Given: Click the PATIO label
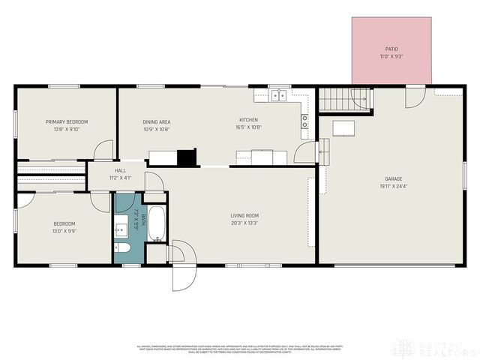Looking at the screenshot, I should pos(391,49).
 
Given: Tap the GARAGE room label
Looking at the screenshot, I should pos(393,178).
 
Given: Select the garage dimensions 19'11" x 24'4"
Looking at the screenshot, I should pos(393,186).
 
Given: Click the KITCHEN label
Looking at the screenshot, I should pos(248,120).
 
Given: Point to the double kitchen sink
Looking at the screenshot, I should pos(280,94).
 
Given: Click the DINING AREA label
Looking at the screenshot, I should pos(157,121).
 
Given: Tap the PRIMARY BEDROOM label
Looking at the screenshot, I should pos(67,121).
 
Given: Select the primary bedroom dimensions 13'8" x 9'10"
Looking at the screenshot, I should pos(67,129).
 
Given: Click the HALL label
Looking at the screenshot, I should pos(120,170).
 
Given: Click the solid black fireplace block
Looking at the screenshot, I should pos(186,157).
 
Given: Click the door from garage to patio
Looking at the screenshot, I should pos(415,96).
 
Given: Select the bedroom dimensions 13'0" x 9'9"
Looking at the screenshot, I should pos(64,231).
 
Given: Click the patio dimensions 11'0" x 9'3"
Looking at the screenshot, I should pos(391,56).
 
